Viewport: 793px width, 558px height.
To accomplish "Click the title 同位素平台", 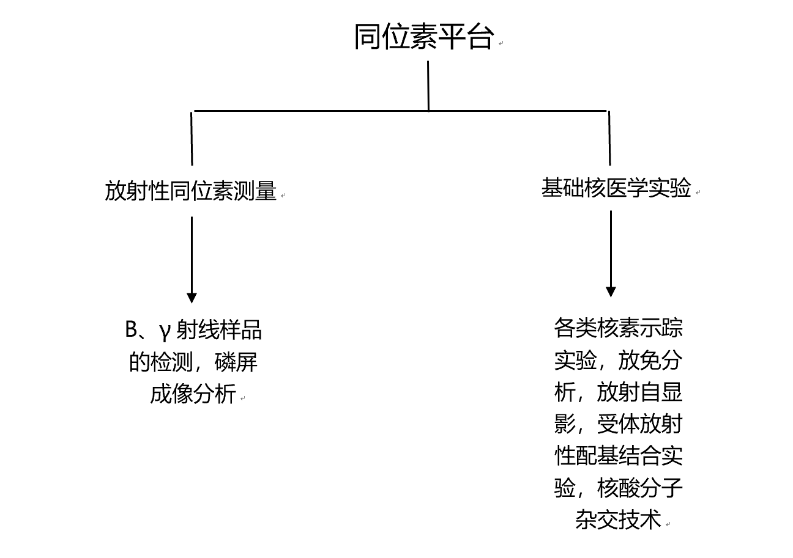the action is pos(424,37).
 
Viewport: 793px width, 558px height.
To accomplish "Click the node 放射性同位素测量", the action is pos(190,191).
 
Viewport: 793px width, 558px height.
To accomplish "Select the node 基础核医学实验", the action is pos(616,188).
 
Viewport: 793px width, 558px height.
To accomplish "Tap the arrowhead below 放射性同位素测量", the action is pos(192,298).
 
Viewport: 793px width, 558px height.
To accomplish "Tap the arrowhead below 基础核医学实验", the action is pos(611,292).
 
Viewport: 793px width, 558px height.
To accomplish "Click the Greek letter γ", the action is pos(164,331).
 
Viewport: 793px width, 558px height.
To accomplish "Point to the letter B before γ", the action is pos(131,329).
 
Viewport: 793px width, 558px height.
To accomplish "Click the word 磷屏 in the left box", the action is pos(236,362).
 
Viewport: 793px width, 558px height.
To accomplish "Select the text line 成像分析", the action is pos(193,394).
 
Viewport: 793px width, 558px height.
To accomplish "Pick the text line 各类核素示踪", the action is pos(618,328).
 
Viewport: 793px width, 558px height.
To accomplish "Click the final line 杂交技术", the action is pos(618,519).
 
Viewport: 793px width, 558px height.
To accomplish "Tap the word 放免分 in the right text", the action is pos(650,360).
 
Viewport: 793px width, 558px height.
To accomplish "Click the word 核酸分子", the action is pos(639,487).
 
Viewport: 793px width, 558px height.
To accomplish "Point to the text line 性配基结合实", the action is pos(618,455).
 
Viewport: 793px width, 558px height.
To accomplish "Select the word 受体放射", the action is pos(639,424).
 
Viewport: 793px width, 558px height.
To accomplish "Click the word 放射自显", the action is pos(639,392).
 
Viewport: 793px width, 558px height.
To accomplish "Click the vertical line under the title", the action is pos(428,86).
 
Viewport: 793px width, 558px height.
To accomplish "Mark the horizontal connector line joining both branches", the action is pos(400,111).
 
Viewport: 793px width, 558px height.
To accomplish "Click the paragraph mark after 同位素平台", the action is pos(501,43).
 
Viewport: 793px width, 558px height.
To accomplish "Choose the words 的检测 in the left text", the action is pos(161,362).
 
